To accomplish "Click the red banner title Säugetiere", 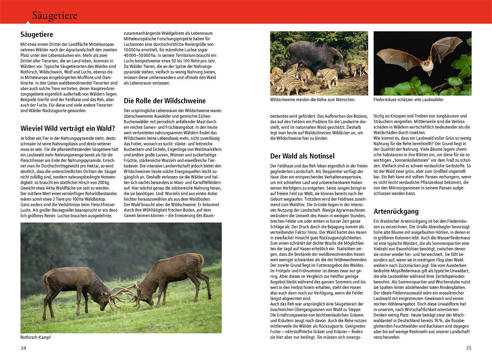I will (55, 15).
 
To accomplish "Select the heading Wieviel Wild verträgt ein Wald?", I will (68, 128).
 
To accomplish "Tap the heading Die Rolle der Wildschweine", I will (165, 101).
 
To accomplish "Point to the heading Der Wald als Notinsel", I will (302, 156).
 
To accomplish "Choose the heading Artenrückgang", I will (396, 211).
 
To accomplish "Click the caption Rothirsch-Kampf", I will (35, 337).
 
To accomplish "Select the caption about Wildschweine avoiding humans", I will (313, 99).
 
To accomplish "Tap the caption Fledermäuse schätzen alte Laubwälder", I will (409, 99).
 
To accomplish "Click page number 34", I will (23, 348).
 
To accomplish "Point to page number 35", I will (468, 348).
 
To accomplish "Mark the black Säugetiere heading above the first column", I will (37, 34).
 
